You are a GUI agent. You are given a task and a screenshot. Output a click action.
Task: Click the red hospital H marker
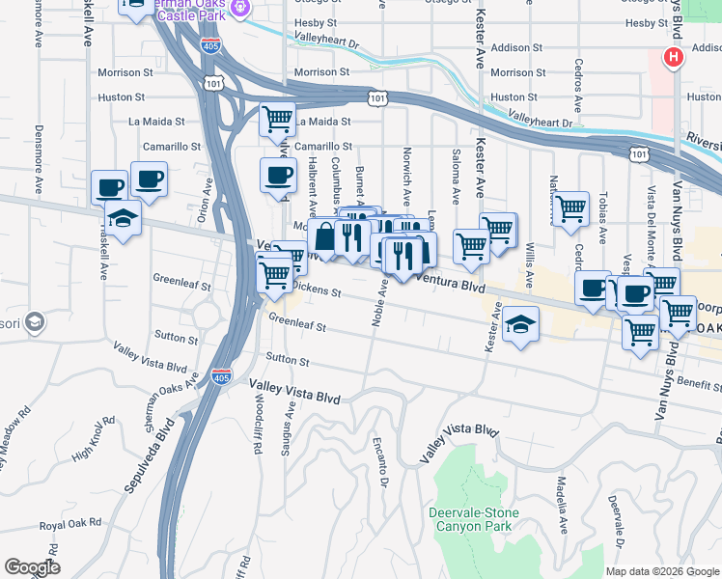[x=673, y=58]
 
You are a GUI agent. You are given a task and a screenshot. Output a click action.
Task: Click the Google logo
[x=32, y=567]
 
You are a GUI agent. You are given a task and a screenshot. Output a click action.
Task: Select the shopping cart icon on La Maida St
[x=278, y=120]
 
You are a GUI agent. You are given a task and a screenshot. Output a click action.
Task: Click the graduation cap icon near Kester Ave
[x=520, y=324]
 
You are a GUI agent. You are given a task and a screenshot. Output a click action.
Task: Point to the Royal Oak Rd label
[x=70, y=524]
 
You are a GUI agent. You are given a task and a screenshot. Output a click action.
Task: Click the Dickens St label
[x=316, y=289]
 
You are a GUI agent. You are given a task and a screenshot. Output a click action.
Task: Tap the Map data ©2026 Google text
[x=662, y=571]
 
